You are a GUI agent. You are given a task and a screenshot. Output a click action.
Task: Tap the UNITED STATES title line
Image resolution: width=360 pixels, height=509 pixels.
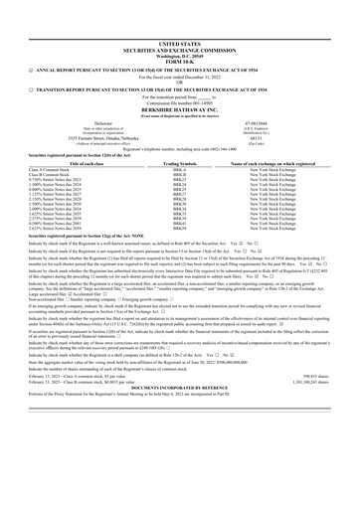click(179, 17)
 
